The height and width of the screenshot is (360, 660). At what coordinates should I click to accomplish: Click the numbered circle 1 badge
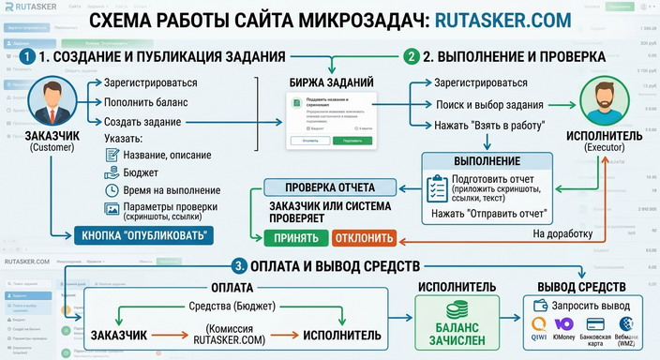(x=28, y=56)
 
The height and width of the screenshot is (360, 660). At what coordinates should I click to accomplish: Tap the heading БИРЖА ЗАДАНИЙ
(x=331, y=82)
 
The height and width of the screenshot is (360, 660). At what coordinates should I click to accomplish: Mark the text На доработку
(x=563, y=233)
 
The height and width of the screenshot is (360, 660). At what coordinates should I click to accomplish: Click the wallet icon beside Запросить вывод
(x=542, y=306)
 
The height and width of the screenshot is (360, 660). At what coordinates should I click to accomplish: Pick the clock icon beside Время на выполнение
(x=110, y=190)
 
